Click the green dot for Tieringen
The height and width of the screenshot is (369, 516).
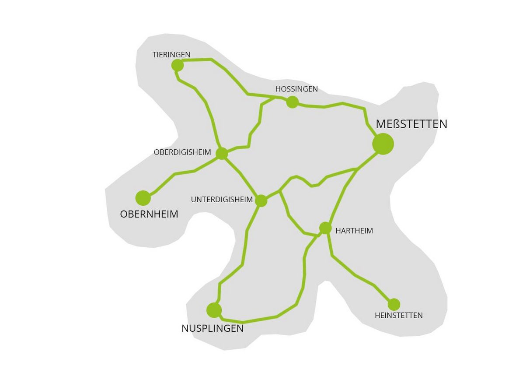[x=177, y=65]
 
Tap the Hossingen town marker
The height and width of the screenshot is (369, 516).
[x=292, y=102]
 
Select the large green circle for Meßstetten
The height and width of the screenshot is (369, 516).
[x=383, y=144]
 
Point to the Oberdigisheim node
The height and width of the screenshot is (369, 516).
[x=222, y=154]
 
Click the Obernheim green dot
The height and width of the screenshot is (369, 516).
[x=143, y=198]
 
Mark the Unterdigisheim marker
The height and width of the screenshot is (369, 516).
[x=261, y=200]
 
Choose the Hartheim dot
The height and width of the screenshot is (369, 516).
[x=325, y=228]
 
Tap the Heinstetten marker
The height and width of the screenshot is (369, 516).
[x=394, y=304]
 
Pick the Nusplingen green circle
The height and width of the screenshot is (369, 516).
[x=214, y=310]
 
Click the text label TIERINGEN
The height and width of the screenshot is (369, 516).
[x=171, y=55]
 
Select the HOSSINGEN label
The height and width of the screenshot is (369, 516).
[x=296, y=89]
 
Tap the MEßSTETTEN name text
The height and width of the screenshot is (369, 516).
[x=411, y=124]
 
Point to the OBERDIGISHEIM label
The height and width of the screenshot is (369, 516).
[x=182, y=152]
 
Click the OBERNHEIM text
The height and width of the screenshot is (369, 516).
[x=149, y=214]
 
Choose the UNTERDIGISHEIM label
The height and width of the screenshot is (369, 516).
[x=222, y=200]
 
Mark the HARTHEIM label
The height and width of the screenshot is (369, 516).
[x=354, y=231]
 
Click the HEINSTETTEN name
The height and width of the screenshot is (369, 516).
[x=399, y=315]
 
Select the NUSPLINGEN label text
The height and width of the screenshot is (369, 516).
[x=213, y=328]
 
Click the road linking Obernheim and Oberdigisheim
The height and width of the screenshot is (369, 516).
[x=184, y=172]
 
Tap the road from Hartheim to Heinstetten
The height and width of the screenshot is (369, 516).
[x=356, y=275]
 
